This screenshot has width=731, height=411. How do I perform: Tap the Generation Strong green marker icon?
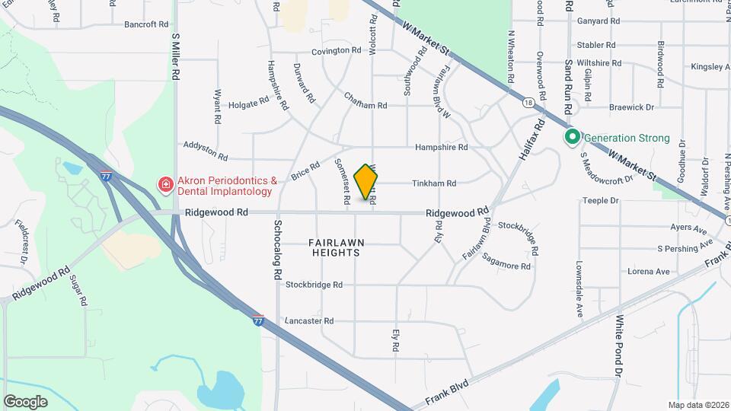[x=571, y=138]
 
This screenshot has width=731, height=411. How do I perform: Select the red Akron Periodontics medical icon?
[x=164, y=185]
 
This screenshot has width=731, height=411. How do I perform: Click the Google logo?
[x=25, y=401]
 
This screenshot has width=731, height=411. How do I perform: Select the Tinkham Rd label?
[x=434, y=183]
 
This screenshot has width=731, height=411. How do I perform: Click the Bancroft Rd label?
[x=146, y=24]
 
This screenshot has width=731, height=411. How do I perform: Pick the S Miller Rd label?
[x=175, y=57]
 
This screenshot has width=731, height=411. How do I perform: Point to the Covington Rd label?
[x=336, y=51]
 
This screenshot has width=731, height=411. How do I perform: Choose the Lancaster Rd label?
[x=309, y=321]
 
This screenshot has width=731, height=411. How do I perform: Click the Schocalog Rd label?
[x=278, y=248]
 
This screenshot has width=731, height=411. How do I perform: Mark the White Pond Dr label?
[x=618, y=346]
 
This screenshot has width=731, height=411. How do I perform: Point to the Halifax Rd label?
[x=533, y=139]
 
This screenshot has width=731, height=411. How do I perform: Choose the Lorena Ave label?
[x=648, y=271]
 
